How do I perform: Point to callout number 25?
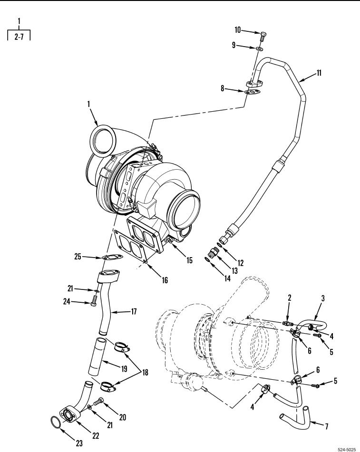[x=78, y=257]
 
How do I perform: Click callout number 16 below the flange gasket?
[x=165, y=280]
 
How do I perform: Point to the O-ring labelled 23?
[x=56, y=422]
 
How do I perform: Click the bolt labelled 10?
[x=263, y=34]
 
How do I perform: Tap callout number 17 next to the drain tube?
[x=134, y=312]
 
